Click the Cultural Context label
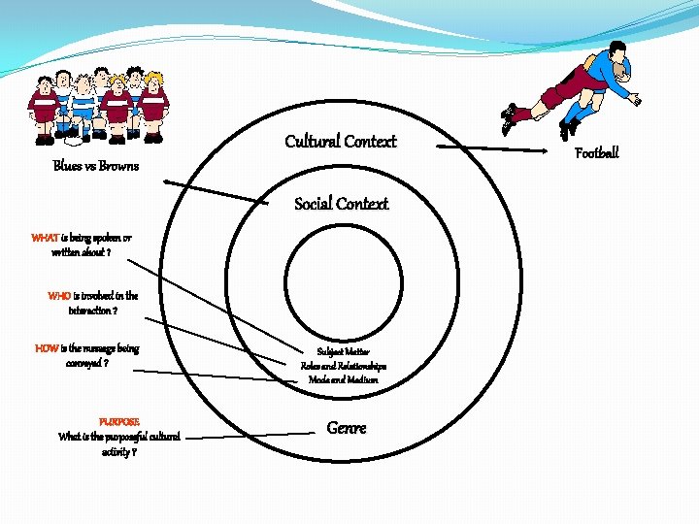tap(341, 142)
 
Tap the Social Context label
tap(341, 204)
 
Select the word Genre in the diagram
tap(347, 428)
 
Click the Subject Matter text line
tap(343, 351)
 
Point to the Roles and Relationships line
tap(343, 366)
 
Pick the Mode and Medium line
tap(343, 380)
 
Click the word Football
tap(596, 153)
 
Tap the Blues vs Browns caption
tap(95, 166)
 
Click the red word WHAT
tap(45, 238)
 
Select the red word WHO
tap(59, 296)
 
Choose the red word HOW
tap(47, 348)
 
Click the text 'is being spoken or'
tap(96, 238)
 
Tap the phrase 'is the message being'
tap(100, 348)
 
